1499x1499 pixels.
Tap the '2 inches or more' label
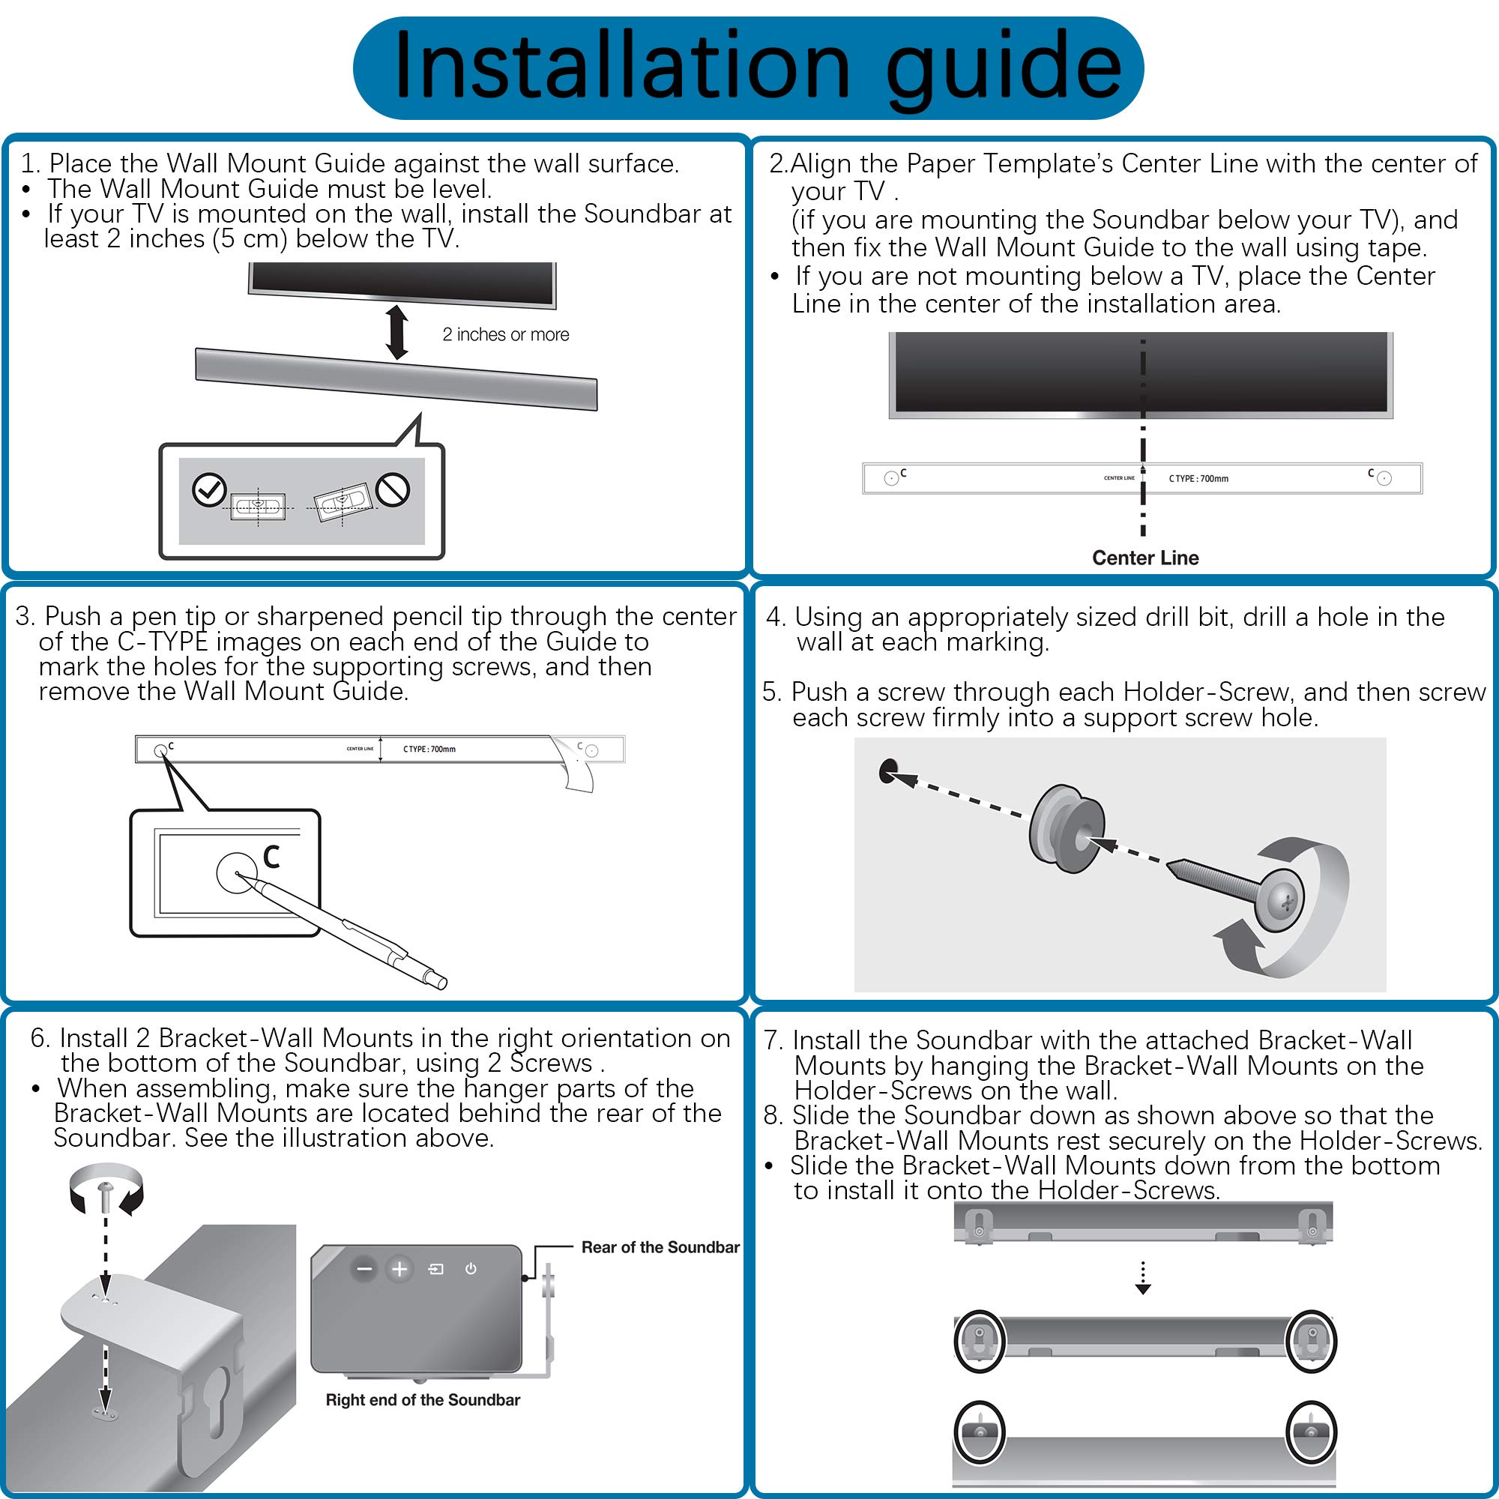[505, 334]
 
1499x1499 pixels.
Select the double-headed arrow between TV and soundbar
[397, 332]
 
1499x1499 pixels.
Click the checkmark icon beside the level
[208, 489]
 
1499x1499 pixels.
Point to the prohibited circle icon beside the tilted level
[393, 489]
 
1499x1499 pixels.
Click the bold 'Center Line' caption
[1144, 558]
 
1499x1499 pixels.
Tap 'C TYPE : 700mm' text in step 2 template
[1198, 479]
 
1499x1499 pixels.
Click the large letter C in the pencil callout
[271, 857]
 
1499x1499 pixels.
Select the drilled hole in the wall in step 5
[887, 771]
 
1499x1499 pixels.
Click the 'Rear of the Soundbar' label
[660, 1247]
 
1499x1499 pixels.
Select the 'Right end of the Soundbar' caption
[422, 1399]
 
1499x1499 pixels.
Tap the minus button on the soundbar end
[364, 1270]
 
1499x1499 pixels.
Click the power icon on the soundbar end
[470, 1270]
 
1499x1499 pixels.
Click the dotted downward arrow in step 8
[1142, 1278]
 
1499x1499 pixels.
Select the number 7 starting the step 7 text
[771, 1040]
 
